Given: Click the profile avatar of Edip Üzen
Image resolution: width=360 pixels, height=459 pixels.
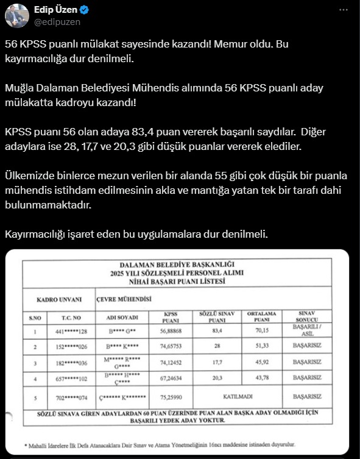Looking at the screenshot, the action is point(16,15).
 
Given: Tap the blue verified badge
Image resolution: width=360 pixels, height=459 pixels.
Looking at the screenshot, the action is point(84,10).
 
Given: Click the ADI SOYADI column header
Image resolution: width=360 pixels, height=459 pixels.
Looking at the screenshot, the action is point(122,318).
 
